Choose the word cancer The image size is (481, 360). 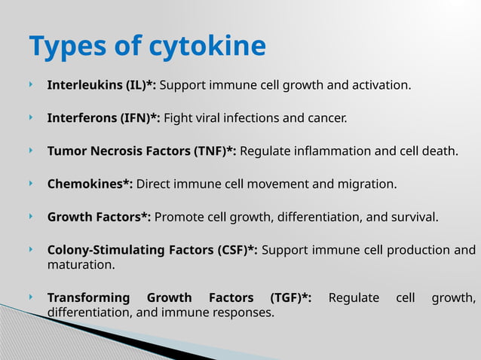[x=326, y=118]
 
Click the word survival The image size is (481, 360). [x=413, y=218]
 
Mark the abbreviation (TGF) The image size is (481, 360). [x=286, y=298]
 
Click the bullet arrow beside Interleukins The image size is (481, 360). [x=32, y=84]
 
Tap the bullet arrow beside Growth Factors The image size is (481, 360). [x=32, y=217]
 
